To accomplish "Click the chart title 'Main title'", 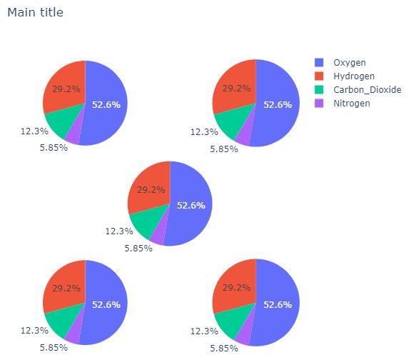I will (35, 12).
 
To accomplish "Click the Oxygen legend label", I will (349, 62).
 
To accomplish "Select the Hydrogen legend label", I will (353, 76).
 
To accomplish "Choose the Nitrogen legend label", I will (351, 103).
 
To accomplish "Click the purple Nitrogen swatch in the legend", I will (319, 103).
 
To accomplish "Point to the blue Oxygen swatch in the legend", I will (319, 62).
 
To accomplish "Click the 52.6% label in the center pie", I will (191, 205).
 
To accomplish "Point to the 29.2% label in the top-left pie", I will (61, 89).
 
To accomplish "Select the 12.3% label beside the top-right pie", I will (204, 132).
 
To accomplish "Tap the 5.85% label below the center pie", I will (138, 249).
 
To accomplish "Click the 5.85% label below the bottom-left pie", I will (54, 348).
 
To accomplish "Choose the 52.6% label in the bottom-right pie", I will (278, 305).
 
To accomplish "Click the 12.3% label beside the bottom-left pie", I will (34, 331).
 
